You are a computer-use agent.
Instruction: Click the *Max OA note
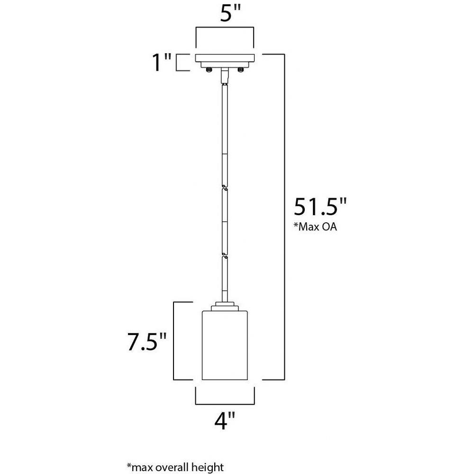[x=315, y=227]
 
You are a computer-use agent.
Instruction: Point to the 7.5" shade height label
[x=147, y=342]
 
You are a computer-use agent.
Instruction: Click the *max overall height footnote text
[x=175, y=467]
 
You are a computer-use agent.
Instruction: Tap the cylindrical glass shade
[x=225, y=345]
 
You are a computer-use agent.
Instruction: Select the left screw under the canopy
[x=209, y=70]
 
